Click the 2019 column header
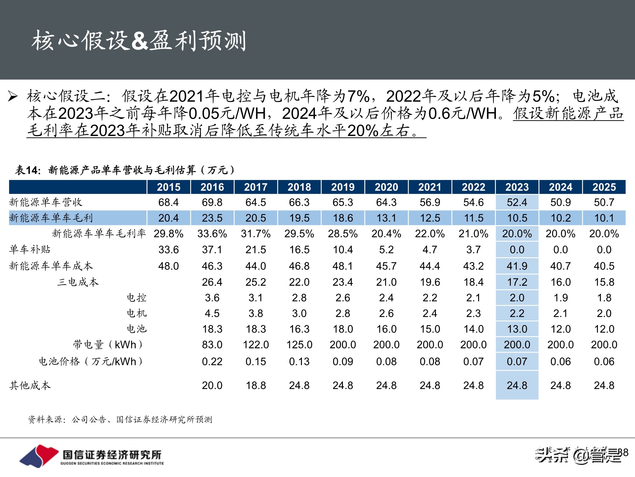(343, 187)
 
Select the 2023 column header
(517, 187)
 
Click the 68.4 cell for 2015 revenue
(169, 202)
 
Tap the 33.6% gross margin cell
(212, 234)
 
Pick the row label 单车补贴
(30, 249)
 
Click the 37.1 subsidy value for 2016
(212, 250)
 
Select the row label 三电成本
(78, 282)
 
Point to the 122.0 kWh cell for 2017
(256, 345)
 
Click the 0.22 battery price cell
(212, 362)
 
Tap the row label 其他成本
(30, 385)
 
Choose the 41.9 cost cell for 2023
(517, 266)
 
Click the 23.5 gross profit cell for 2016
(212, 218)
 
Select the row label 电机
(137, 313)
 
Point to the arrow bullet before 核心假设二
(13, 96)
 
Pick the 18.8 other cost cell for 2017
(256, 385)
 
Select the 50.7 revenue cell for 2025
(604, 202)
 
